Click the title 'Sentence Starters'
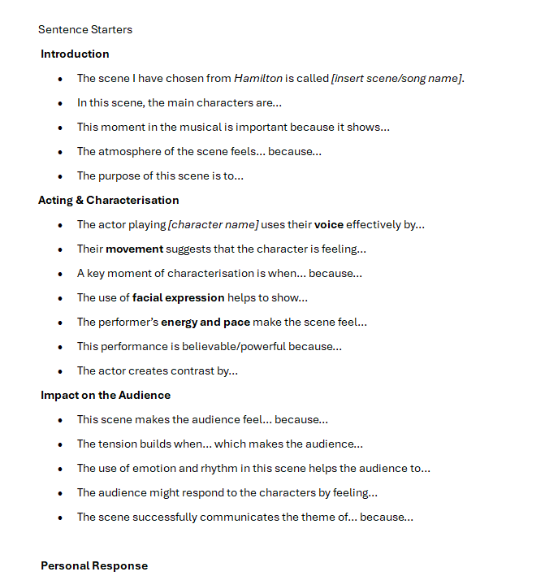tap(85, 30)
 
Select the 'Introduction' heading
tap(75, 54)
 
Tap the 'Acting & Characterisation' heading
tap(109, 201)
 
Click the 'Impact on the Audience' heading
tap(106, 396)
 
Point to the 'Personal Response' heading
tap(94, 565)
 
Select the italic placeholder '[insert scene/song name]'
tap(396, 79)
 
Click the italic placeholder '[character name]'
tap(213, 225)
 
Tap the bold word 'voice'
tap(329, 225)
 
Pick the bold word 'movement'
tap(134, 249)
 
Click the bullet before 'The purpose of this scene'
tap(60, 176)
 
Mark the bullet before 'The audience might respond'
tap(60, 493)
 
